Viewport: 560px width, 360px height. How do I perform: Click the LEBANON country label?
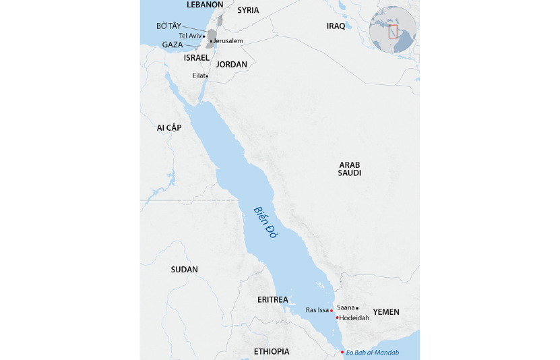coord(205,5)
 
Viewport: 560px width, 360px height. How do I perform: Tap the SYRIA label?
coord(248,11)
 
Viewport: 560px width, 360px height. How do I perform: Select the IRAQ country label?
coord(336,26)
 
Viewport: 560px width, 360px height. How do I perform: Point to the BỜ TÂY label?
coord(168,26)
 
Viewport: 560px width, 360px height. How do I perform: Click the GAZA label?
coord(173,44)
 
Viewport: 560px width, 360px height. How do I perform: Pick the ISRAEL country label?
coord(197,58)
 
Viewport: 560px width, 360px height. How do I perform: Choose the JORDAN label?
coord(232,65)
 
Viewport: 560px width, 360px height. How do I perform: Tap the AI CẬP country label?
coord(169,127)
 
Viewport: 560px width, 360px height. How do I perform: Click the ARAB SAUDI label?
coord(350,169)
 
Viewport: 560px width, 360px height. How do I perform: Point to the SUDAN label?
coord(184,270)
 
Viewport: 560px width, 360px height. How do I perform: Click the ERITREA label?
coord(272,299)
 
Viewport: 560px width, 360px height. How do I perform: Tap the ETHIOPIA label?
coord(272,352)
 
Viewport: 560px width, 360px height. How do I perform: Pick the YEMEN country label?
coord(386,312)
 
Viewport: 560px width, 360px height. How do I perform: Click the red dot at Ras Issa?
coord(332,311)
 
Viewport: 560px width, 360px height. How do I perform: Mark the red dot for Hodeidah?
coord(337,318)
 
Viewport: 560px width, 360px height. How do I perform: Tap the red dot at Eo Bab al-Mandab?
coord(342,353)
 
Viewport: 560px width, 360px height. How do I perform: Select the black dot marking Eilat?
coord(207,76)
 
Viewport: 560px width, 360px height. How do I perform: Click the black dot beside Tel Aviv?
coord(204,36)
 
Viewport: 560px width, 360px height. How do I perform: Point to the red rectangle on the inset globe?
coord(393,31)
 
